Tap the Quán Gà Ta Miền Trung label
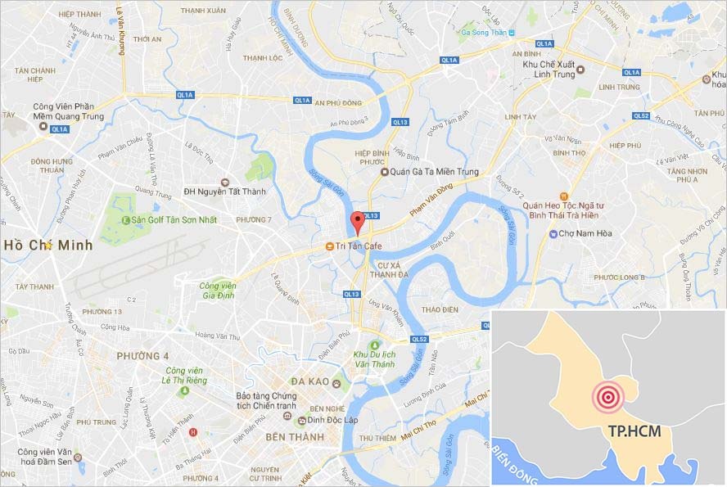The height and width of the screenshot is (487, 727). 427,172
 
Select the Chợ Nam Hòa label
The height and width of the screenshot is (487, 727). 584,233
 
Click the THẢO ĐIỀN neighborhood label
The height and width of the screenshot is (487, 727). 437,309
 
